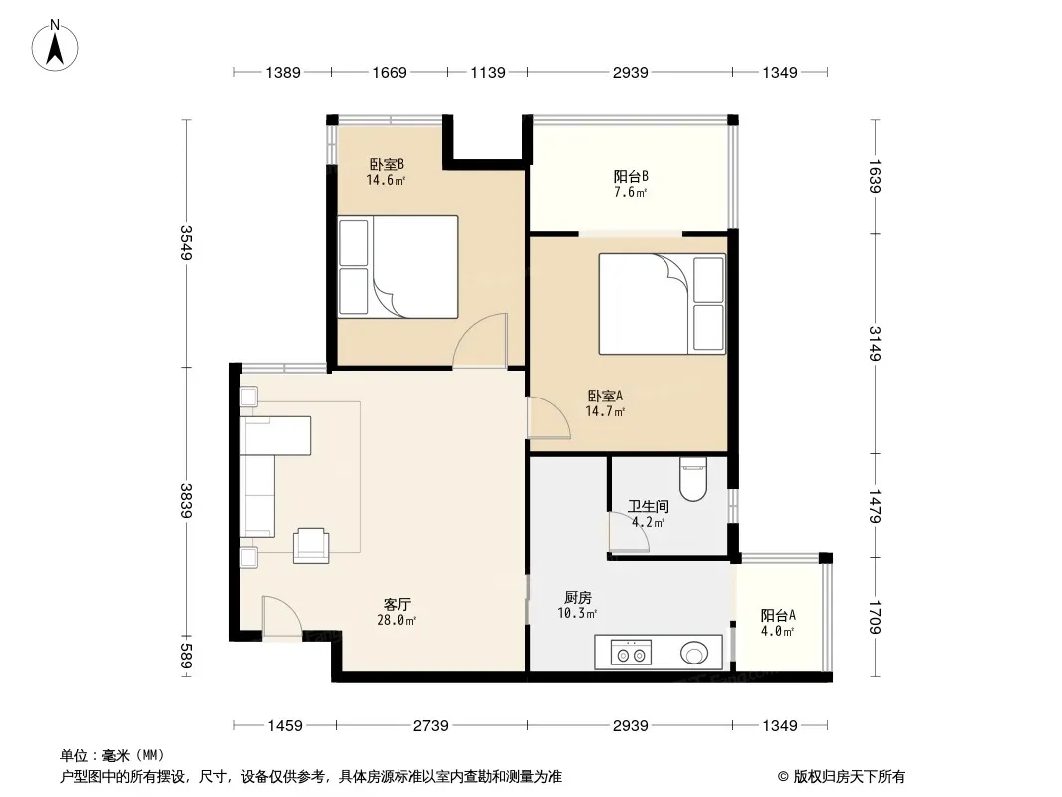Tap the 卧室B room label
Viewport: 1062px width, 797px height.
tap(387, 164)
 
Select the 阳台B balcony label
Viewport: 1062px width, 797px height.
tap(631, 176)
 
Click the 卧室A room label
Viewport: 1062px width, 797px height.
tap(605, 396)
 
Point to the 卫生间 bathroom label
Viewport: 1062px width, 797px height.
tap(649, 506)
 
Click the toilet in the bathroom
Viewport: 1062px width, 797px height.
tap(693, 479)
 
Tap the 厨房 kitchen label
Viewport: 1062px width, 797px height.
tap(578, 597)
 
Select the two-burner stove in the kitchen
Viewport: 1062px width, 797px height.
tap(631, 653)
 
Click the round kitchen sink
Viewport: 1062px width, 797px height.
tap(695, 654)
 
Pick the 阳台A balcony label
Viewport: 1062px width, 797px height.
tap(778, 615)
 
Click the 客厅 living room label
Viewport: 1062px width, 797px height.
tap(397, 604)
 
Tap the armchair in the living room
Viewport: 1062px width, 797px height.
tap(311, 545)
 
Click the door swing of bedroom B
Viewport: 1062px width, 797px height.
tap(480, 341)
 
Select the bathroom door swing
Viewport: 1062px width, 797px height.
tap(629, 532)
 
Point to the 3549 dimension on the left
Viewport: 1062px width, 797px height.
tap(187, 242)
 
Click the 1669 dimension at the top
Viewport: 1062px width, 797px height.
tap(390, 72)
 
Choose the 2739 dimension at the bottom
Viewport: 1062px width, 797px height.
tap(431, 726)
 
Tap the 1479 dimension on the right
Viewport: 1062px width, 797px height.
tap(875, 506)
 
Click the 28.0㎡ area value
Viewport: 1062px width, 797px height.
tap(397, 620)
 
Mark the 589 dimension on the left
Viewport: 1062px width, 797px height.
tap(187, 656)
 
